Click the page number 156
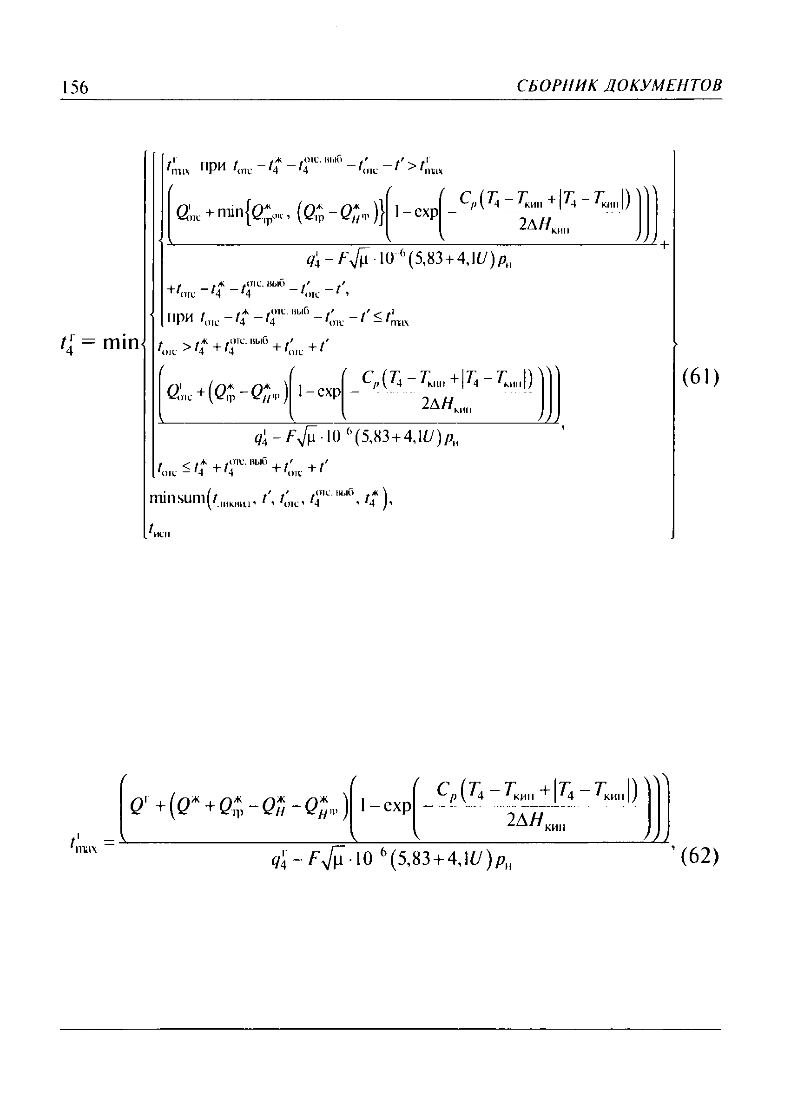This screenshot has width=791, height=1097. pyautogui.click(x=74, y=87)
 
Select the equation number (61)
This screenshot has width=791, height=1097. pyautogui.click(x=700, y=377)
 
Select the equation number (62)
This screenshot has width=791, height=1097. pyautogui.click(x=699, y=857)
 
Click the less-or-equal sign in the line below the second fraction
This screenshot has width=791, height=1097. pyautogui.click(x=186, y=467)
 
